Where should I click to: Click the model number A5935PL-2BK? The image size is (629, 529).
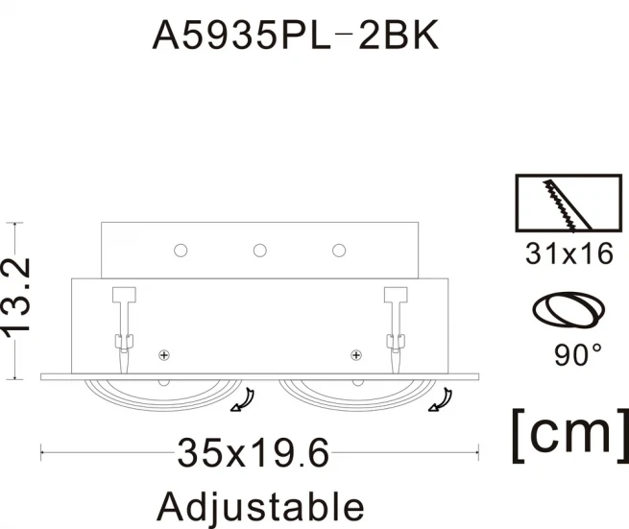click(x=295, y=35)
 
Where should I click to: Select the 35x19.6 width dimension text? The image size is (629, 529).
click(x=254, y=453)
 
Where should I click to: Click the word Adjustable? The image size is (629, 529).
click(x=260, y=507)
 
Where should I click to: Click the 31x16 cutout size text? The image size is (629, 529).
click(x=569, y=253)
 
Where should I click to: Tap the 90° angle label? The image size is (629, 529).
click(x=578, y=354)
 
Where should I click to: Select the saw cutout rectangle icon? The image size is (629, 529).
click(x=569, y=203)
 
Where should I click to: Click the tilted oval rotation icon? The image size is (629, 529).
click(x=569, y=309)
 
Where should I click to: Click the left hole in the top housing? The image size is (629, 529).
click(x=181, y=251)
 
